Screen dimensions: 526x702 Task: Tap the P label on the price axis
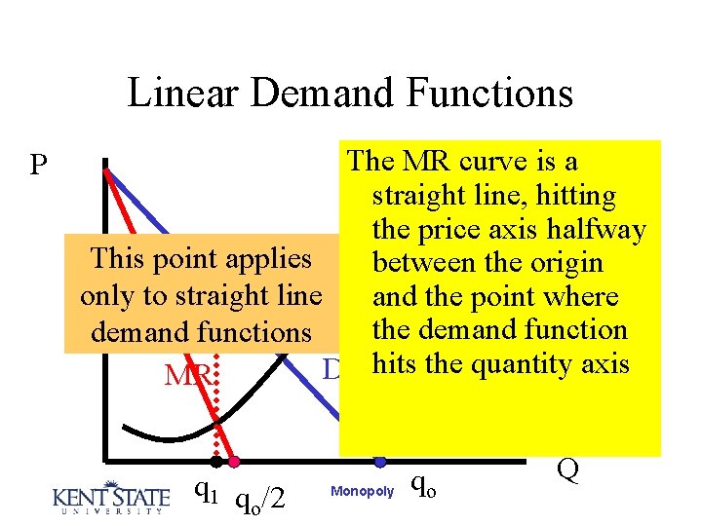pos(39,165)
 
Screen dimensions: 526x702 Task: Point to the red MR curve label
pos(185,375)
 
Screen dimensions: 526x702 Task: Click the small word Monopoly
pos(363,492)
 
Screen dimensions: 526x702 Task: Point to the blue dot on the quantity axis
pos(380,461)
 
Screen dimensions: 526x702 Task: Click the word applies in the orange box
pos(267,259)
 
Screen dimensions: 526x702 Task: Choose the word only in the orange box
pos(110,296)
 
